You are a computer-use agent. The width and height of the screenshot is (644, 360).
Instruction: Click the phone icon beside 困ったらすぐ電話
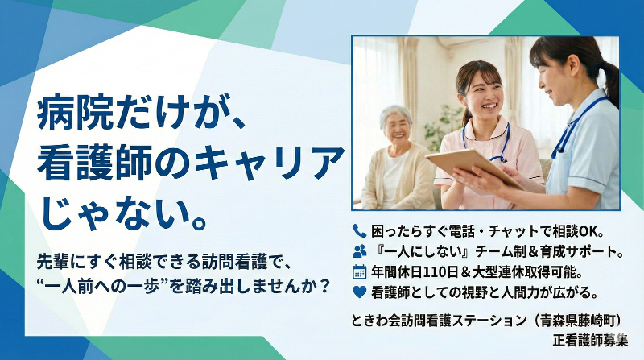click(359, 229)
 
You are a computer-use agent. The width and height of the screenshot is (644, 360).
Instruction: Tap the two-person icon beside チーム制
click(359, 250)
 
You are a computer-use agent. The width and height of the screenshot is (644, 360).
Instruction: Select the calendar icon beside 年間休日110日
click(359, 271)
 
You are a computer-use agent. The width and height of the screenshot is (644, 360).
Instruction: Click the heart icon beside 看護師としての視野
click(359, 292)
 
